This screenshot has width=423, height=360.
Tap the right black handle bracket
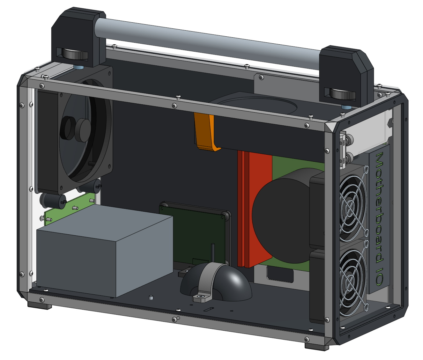[345, 73]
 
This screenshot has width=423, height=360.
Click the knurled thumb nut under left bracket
[75, 55]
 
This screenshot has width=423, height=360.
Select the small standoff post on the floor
[151, 298]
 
